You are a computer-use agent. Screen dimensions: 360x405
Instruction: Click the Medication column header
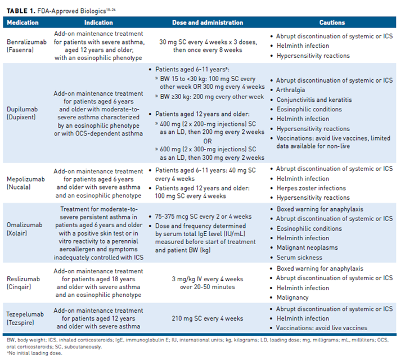(23, 22)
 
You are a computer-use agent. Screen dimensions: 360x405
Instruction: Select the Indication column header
(98, 22)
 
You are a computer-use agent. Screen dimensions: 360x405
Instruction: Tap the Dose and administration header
(208, 22)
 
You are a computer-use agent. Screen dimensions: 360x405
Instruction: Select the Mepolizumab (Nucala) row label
(23, 183)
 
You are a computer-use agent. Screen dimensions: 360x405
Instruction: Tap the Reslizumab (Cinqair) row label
(21, 283)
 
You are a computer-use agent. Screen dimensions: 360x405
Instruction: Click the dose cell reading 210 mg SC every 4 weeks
(207, 318)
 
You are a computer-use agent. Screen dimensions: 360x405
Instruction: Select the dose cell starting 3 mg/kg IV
(208, 283)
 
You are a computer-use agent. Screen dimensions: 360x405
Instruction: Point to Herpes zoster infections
(311, 188)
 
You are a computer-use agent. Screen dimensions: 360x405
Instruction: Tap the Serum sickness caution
(299, 258)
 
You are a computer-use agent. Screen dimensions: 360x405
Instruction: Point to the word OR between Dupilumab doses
(208, 141)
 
